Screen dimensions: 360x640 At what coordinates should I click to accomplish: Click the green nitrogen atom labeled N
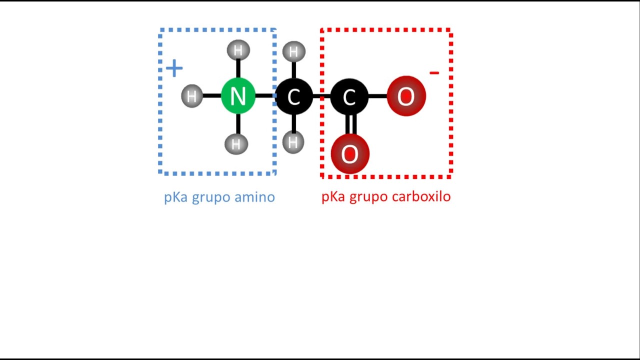(238, 96)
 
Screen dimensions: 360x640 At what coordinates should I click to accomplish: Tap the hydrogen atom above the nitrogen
(238, 50)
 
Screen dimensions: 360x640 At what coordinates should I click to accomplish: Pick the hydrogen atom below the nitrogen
(236, 144)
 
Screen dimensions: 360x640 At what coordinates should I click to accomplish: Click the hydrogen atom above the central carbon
(293, 51)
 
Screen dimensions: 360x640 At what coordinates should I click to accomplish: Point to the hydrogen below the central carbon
(293, 142)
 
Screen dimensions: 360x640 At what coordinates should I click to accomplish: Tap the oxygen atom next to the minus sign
(406, 96)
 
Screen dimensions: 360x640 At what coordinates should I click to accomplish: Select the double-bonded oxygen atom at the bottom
(350, 154)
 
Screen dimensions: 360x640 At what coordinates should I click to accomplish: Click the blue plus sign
(174, 68)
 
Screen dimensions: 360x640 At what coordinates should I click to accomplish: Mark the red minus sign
(434, 73)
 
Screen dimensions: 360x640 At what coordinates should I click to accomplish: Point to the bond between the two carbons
(321, 96)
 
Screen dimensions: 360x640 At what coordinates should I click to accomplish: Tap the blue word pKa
(175, 197)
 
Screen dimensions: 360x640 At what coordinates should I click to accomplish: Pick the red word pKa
(333, 197)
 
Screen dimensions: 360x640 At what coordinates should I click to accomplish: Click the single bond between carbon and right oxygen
(378, 96)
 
